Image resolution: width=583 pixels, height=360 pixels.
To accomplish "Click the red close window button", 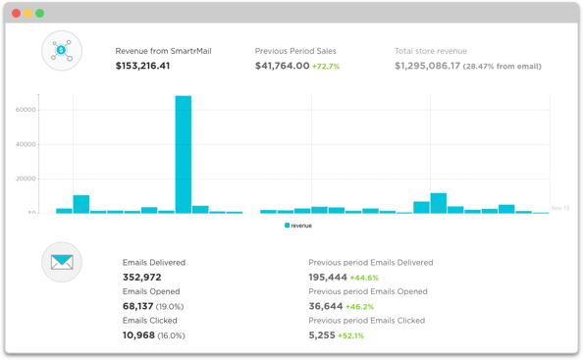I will click(16, 13).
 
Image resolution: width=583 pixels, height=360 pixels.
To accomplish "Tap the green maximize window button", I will click(40, 13).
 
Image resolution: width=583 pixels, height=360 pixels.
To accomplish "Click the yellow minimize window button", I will click(27, 13).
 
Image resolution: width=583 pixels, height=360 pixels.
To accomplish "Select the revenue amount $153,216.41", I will click(143, 67).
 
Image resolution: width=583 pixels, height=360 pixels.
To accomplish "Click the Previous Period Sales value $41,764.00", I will click(282, 67).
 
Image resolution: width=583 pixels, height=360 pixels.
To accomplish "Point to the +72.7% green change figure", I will click(326, 67).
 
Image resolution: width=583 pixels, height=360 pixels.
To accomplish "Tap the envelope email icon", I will click(62, 262).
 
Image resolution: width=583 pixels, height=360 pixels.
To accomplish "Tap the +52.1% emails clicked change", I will click(351, 334).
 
